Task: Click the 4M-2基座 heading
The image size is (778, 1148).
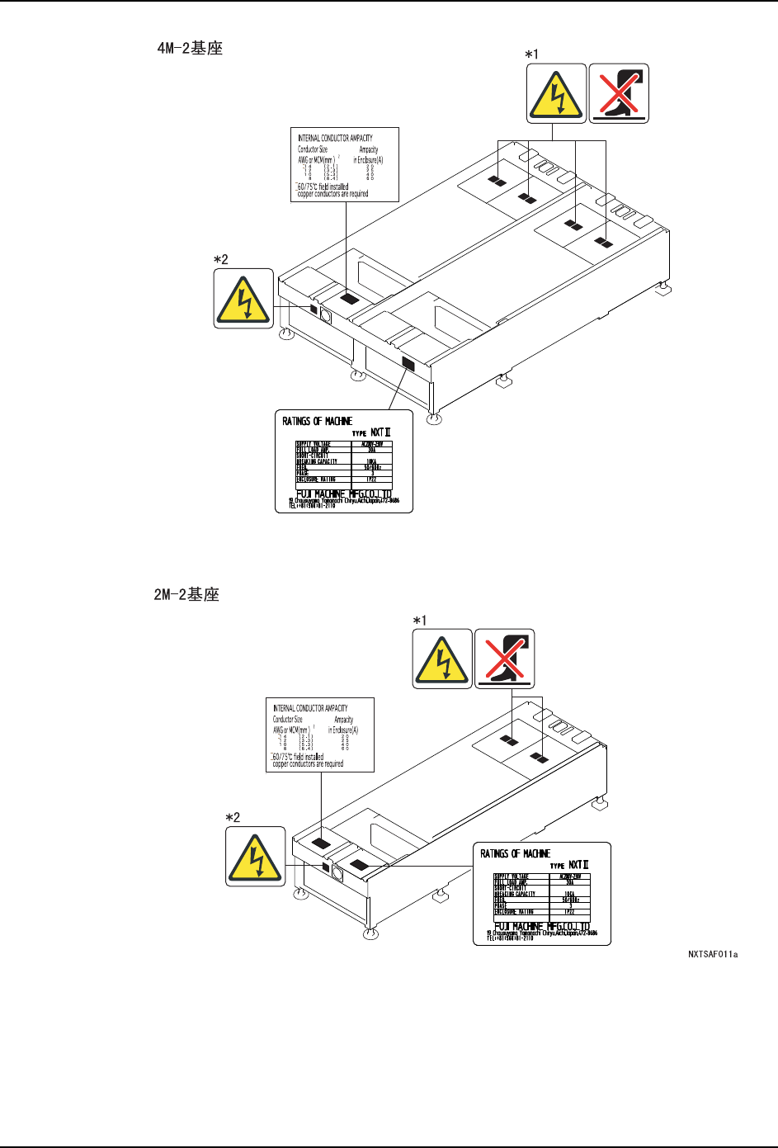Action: pos(190,49)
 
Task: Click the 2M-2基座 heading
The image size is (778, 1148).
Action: pos(186,594)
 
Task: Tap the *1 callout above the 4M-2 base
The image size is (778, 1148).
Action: pos(532,54)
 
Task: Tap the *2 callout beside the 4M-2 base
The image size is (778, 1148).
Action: pos(220,259)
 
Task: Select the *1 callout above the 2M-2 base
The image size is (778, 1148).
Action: pos(419,620)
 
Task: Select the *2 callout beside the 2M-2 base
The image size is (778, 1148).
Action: pos(233,817)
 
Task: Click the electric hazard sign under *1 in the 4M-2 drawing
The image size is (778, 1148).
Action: pos(557,93)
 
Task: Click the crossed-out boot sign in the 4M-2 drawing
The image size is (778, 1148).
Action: pos(619,93)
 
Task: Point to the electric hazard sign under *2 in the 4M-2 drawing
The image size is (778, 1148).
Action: pos(243,298)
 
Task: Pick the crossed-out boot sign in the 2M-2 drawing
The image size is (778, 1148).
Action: pos(505,659)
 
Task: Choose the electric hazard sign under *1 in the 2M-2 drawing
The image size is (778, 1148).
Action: pos(442,659)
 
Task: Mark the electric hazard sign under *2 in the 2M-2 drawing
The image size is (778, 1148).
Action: pos(256,857)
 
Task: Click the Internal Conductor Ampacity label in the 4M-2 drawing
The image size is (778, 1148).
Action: pos(345,164)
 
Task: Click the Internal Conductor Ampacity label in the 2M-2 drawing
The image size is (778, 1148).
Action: pos(320,735)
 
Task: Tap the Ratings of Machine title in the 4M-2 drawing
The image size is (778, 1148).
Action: pos(318,421)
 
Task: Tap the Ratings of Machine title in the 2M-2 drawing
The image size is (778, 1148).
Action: pos(516,853)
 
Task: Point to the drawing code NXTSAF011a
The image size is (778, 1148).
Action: pos(713,955)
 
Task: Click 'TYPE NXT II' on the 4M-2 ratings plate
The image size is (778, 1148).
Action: pos(371,432)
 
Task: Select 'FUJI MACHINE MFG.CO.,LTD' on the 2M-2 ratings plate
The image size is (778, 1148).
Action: pos(542,927)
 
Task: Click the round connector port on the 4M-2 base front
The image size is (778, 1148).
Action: pos(325,315)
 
